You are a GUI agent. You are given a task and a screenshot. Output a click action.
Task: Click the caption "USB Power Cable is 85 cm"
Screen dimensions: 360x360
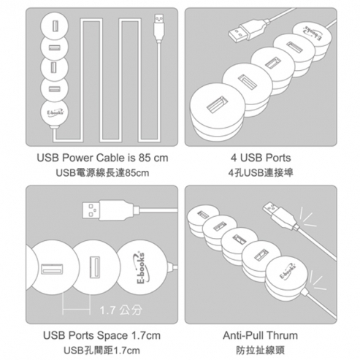tap(102, 158)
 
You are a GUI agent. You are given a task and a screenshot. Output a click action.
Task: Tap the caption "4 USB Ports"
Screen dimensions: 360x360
tap(261, 158)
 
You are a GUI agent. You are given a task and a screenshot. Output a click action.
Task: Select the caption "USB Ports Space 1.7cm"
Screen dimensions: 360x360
tap(102, 335)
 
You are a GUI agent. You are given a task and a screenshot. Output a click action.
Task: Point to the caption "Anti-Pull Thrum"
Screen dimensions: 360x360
tap(260, 335)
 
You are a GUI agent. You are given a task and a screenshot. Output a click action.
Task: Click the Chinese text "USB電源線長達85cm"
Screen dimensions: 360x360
tap(102, 173)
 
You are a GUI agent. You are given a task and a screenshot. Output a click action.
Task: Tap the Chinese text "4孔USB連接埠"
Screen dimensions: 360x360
tap(261, 173)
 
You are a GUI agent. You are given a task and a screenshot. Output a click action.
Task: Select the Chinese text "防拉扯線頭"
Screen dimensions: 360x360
tap(260, 351)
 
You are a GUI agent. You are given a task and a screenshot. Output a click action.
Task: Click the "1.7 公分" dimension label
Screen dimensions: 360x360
tap(120, 310)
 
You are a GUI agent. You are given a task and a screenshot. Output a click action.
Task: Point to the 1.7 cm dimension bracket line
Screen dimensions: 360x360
tap(76, 310)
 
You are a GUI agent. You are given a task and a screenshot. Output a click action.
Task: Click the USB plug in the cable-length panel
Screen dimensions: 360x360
tap(159, 28)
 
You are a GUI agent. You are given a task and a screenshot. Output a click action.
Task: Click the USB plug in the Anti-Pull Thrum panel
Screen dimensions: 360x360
tap(281, 215)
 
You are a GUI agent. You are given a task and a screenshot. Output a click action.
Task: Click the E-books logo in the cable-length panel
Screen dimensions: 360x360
tap(54, 112)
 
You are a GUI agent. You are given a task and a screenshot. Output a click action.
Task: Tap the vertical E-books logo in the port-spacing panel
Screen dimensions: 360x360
tap(142, 267)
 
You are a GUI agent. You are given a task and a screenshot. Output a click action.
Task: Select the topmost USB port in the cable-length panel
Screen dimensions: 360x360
tap(55, 26)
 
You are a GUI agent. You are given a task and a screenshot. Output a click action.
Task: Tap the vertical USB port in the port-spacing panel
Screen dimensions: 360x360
tap(95, 267)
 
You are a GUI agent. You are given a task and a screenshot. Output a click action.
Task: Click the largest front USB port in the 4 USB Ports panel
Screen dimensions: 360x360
tap(217, 104)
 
